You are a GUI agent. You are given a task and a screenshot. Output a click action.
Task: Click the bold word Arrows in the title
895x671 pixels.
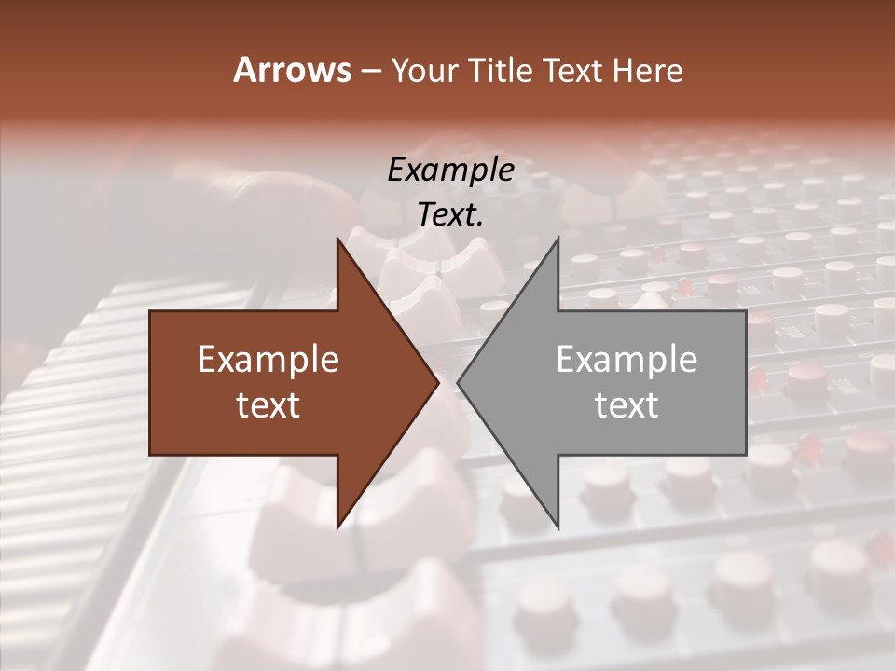pos(291,70)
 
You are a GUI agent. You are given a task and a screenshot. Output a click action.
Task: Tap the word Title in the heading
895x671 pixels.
pos(502,71)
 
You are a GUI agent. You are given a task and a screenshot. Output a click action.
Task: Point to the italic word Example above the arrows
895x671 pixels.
pos(450,170)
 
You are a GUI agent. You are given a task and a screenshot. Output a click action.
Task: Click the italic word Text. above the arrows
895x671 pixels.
pos(450,215)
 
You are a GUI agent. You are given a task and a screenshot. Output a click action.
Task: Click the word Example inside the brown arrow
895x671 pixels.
pos(268,360)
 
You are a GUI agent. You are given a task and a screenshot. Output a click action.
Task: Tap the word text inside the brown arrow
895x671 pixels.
pos(268,405)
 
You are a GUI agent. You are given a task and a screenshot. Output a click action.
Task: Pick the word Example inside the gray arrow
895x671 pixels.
pos(626,360)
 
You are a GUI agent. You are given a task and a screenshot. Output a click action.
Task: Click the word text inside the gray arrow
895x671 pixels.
pos(626,405)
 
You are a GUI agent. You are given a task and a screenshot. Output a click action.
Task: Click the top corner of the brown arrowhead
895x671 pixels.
pos(337,239)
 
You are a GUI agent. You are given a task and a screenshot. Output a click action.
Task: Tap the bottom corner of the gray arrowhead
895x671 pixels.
pos(558,526)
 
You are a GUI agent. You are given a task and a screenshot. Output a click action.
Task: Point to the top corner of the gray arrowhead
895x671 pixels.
pos(558,239)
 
